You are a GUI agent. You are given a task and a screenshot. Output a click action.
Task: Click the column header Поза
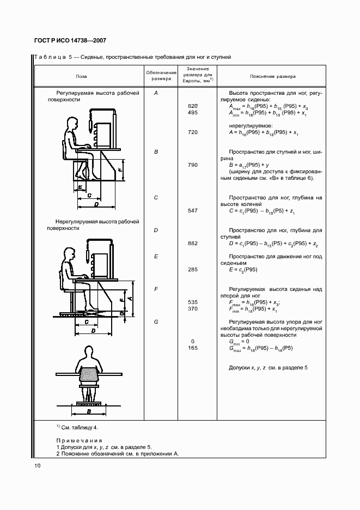click(x=81, y=77)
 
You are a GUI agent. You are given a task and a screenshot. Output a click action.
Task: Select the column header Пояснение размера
click(x=273, y=77)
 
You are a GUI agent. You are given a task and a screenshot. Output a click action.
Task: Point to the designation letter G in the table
click(x=156, y=321)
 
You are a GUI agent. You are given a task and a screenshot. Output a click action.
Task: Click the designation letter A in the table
click(x=156, y=93)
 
